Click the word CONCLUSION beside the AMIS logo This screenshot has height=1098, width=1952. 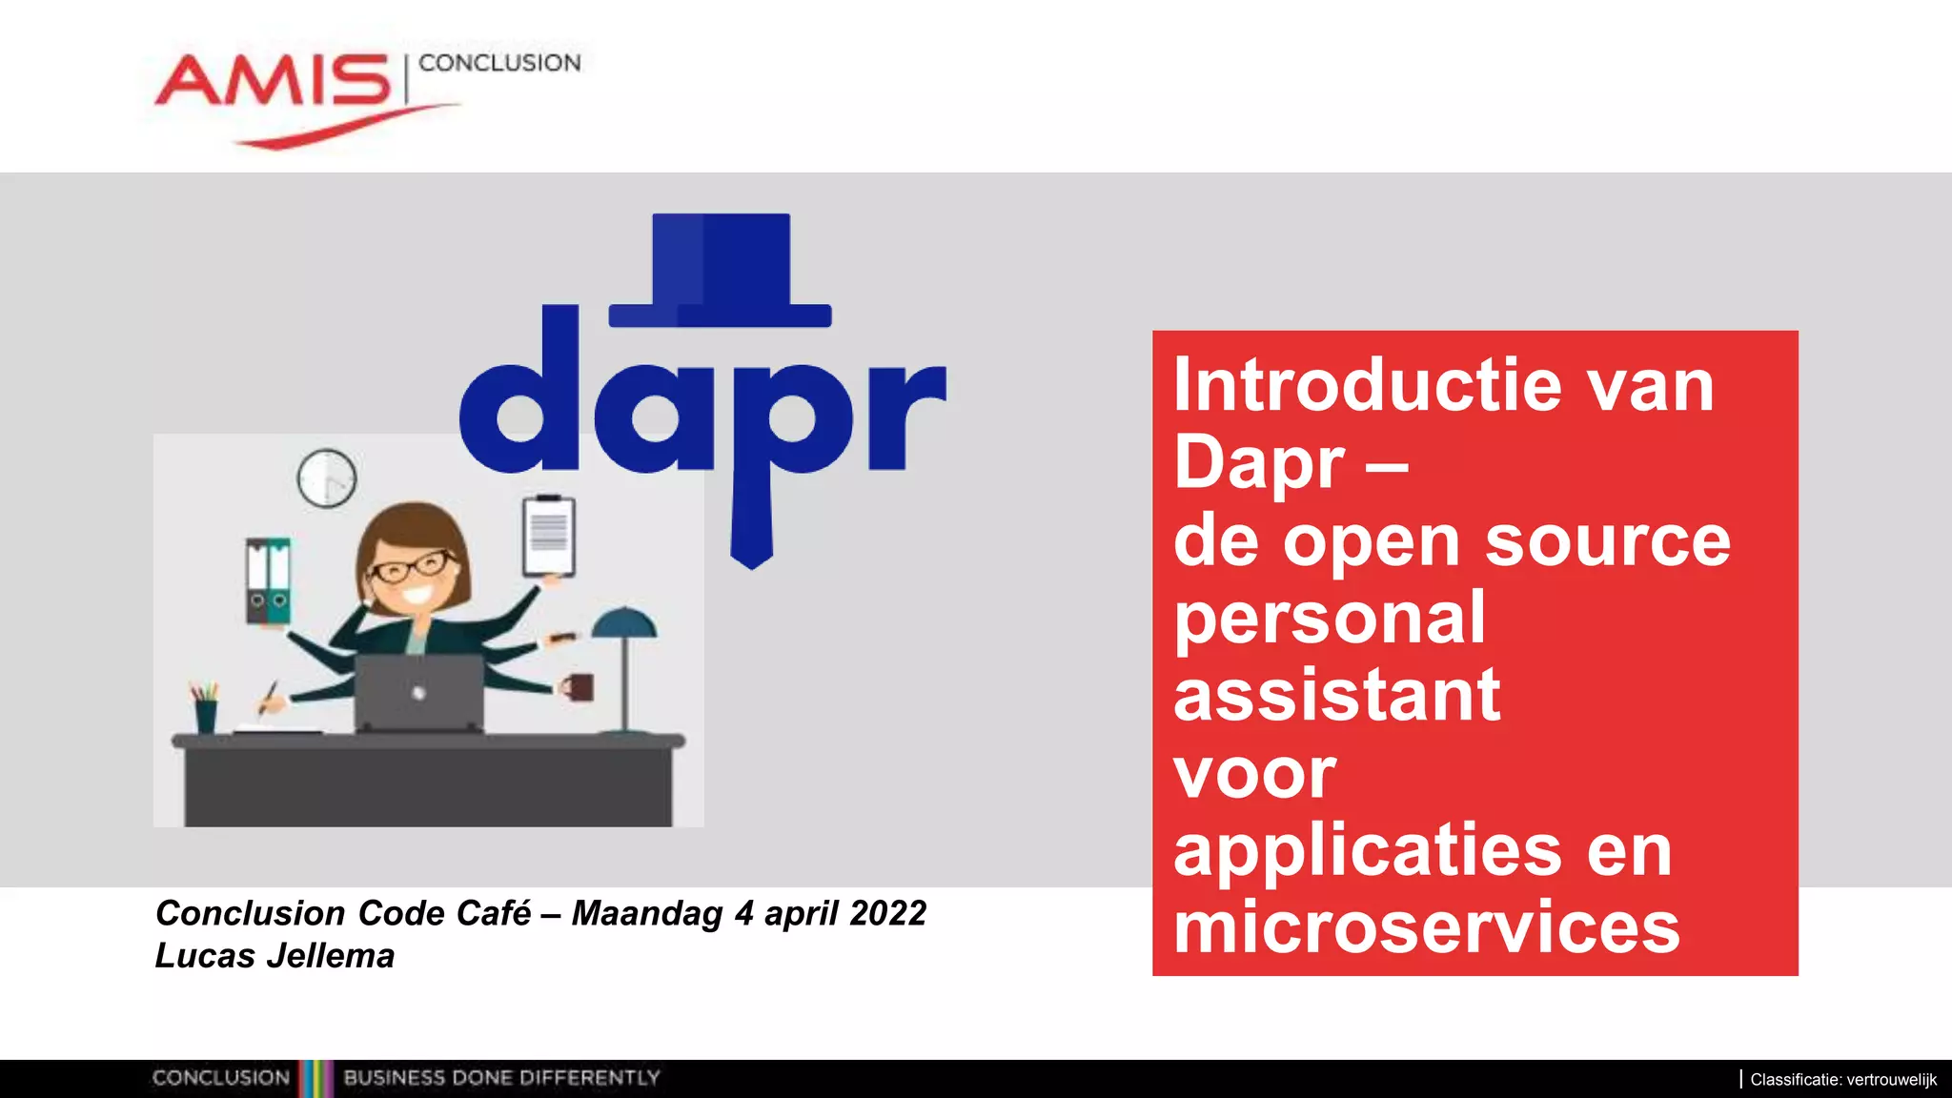coord(499,63)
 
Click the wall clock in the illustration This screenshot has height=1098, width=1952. coord(327,478)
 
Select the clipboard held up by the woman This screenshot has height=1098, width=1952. coord(549,536)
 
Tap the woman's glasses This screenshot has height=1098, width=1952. coord(412,567)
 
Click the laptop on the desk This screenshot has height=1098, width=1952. coord(419,693)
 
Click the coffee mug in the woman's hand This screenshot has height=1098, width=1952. coord(578,687)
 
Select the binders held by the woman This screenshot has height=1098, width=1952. coord(268,580)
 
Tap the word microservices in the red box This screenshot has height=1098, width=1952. coord(1426,928)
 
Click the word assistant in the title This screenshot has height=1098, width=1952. coord(1336,696)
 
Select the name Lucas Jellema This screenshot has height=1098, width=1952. coord(274,956)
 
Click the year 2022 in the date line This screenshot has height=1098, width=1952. coord(887,913)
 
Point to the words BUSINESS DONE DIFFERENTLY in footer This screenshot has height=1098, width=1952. coord(501,1078)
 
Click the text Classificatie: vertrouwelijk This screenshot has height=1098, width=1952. coord(1842,1080)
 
